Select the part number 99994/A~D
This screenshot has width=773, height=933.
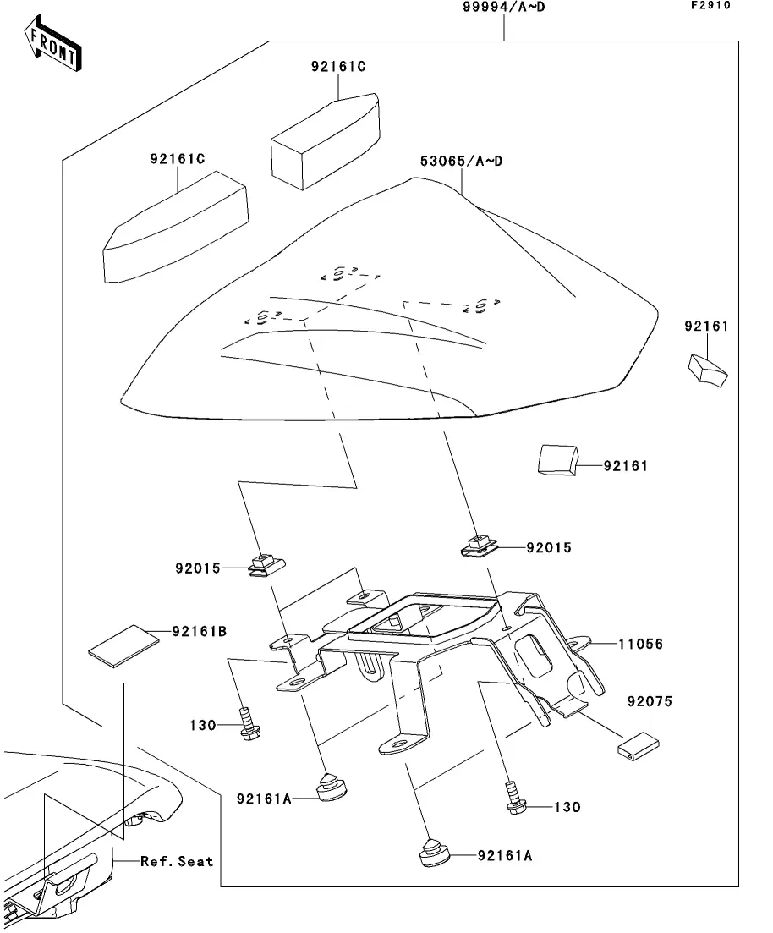click(503, 8)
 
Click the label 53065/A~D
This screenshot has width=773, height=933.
click(462, 161)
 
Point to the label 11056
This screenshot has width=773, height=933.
click(639, 645)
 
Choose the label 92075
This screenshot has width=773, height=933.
click(650, 702)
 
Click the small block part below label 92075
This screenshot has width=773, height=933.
click(639, 747)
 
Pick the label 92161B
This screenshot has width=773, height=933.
click(199, 631)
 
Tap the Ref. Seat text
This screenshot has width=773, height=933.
click(177, 861)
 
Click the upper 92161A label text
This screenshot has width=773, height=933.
click(264, 799)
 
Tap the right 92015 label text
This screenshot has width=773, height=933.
click(549, 548)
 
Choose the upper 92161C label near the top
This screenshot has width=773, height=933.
click(337, 67)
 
